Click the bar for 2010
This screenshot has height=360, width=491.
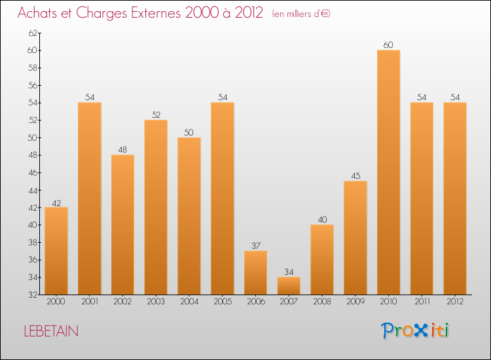[x=388, y=172]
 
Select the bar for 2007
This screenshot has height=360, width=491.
[x=289, y=285]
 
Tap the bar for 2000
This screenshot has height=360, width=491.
[x=56, y=251]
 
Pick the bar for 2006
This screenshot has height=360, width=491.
[x=255, y=272]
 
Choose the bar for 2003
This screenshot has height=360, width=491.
[x=156, y=207]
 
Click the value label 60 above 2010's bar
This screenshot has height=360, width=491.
[x=388, y=45]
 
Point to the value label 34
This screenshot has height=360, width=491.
[x=289, y=272]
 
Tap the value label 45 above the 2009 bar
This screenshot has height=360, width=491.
[x=355, y=176]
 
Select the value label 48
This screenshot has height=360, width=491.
[x=122, y=150]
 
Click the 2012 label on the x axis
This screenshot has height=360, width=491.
[x=454, y=302]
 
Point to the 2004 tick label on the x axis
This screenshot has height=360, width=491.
[x=189, y=302]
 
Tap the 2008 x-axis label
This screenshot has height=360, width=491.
[x=322, y=302]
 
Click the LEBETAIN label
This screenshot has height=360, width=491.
[x=50, y=331]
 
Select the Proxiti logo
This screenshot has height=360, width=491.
[x=416, y=331]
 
